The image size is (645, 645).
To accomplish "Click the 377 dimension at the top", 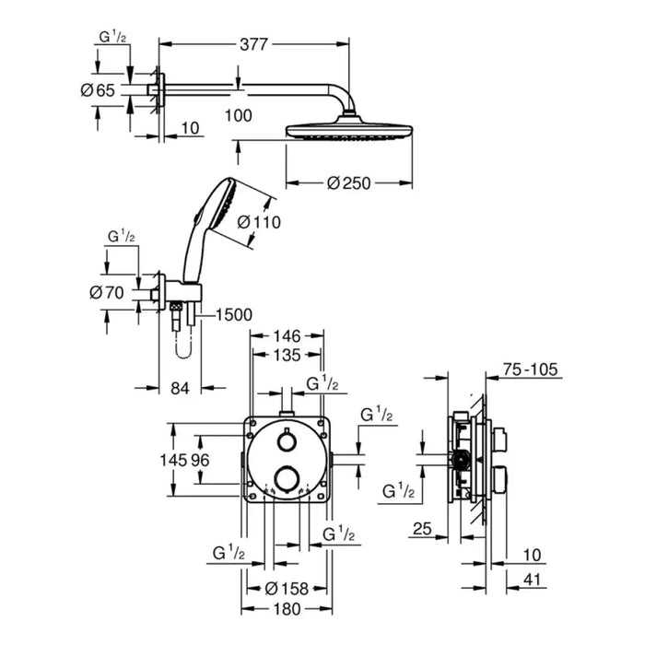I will [x=254, y=42].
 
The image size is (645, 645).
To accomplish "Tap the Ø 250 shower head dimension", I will [x=347, y=182].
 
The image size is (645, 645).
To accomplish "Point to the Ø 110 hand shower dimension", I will [x=258, y=222].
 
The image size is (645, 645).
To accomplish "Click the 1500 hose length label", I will [x=233, y=315].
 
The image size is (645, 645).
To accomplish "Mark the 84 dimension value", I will [x=180, y=388].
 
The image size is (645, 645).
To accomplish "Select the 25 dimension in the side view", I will [x=423, y=529].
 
